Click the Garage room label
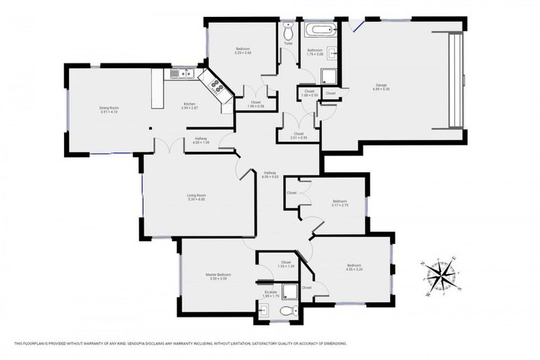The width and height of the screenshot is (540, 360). click(x=380, y=88)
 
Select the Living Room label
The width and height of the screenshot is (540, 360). click(x=196, y=198)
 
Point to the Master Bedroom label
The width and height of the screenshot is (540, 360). click(x=218, y=276)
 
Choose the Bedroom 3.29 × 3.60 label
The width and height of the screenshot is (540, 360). click(x=243, y=51)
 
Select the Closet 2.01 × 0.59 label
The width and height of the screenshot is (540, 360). click(x=299, y=136)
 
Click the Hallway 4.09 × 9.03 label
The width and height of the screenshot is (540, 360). click(x=270, y=174)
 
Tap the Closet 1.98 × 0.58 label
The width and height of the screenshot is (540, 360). click(x=257, y=104)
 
